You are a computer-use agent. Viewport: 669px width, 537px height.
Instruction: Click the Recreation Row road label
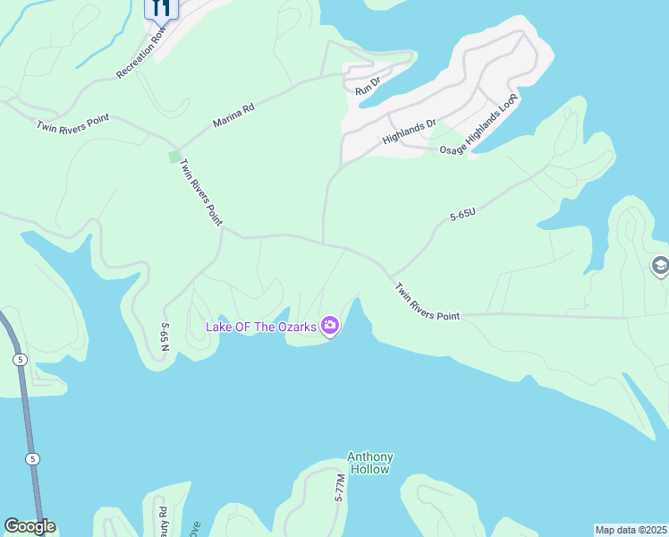click(x=141, y=54)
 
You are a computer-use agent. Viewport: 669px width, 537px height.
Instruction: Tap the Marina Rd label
click(x=233, y=114)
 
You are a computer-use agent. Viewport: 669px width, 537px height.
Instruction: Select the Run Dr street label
click(x=368, y=87)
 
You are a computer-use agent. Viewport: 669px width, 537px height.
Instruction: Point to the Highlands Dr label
click(x=409, y=132)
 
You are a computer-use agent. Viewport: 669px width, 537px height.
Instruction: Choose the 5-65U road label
click(x=462, y=215)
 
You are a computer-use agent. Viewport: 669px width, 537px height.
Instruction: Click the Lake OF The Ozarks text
click(x=261, y=327)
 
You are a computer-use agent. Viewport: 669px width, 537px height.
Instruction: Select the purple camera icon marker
click(x=330, y=327)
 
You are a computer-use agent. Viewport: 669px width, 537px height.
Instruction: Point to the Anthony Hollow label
click(x=369, y=463)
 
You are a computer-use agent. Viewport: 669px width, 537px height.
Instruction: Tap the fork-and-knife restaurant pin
click(x=161, y=8)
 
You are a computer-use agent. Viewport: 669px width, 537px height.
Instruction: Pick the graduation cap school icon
click(x=660, y=266)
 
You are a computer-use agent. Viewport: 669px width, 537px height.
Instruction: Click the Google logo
click(x=30, y=526)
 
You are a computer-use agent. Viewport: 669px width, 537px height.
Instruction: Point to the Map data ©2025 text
click(x=630, y=530)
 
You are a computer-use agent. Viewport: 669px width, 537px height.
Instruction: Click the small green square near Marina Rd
click(x=174, y=157)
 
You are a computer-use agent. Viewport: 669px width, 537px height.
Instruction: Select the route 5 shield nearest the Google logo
click(x=32, y=459)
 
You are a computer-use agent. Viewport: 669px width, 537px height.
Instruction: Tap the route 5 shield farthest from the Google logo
click(x=20, y=359)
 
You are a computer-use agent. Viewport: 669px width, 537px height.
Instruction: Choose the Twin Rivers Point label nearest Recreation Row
click(x=73, y=124)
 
